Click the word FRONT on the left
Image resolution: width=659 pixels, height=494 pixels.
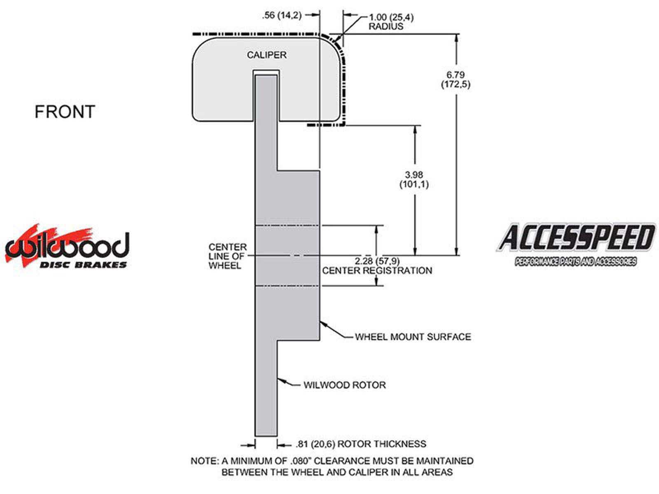[65, 112]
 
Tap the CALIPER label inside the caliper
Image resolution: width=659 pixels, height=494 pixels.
[266, 55]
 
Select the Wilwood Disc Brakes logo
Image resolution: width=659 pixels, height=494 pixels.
[67, 247]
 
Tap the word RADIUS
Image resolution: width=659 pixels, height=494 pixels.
[386, 27]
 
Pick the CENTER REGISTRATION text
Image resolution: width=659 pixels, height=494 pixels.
[377, 271]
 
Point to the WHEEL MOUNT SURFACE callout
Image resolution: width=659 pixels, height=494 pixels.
[413, 337]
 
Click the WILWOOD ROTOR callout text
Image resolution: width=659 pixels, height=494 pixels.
[345, 385]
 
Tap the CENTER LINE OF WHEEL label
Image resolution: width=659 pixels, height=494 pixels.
[227, 256]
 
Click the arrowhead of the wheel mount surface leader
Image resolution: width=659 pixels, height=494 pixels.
[322, 324]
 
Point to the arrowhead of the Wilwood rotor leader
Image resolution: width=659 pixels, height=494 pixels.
[280, 380]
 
